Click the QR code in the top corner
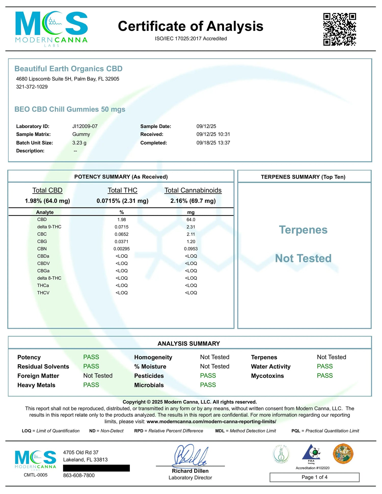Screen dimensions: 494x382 [339, 29]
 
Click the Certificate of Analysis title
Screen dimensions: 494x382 [190, 26]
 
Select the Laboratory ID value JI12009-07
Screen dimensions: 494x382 [85, 126]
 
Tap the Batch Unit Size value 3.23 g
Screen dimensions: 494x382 [79, 143]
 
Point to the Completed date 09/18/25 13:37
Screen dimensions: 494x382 [213, 143]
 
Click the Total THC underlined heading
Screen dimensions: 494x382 [122, 190]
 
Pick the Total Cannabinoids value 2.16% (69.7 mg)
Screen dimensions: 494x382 [193, 201]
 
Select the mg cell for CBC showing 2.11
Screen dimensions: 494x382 [191, 234]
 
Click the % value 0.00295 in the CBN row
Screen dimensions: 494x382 [121, 249]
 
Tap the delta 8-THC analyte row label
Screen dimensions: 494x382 [49, 278]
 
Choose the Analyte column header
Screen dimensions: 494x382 [45, 212]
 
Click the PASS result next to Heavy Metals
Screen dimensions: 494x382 [91, 385]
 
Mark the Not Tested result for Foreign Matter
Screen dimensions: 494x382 [98, 376]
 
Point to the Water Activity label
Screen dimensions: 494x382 [270, 366]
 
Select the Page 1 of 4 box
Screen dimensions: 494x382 [314, 477]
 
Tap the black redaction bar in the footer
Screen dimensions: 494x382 [96, 468]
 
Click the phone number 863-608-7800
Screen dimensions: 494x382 [79, 475]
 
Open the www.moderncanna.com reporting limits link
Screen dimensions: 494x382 [211, 421]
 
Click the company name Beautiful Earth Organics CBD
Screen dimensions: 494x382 [68, 69]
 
